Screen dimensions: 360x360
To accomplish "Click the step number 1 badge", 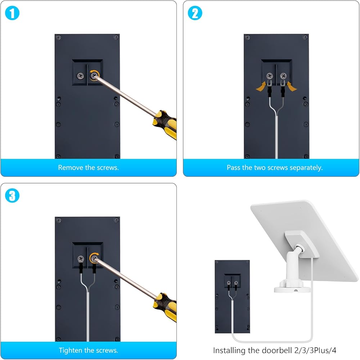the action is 12,13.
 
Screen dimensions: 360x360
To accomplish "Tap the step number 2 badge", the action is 195,13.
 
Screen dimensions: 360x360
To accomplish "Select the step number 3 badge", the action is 12,195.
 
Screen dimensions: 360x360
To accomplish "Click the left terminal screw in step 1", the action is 80,76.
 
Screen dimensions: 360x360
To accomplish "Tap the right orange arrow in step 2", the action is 292,86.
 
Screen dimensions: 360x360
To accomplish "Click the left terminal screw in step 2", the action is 270,76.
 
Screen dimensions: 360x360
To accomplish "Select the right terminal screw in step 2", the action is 283,76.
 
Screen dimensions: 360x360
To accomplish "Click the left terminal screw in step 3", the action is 81,259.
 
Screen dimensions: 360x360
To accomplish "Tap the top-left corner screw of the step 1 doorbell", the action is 58,37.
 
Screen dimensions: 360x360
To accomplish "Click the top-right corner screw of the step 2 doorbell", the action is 305,37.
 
